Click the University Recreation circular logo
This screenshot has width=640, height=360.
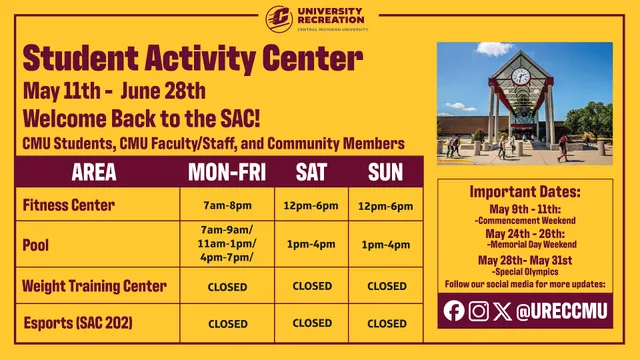pyautogui.click(x=279, y=18)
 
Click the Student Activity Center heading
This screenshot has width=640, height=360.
pyautogui.click(x=193, y=57)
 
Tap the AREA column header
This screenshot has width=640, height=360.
pyautogui.click(x=94, y=173)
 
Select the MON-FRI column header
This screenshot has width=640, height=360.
pyautogui.click(x=227, y=173)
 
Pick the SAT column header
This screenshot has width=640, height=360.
pyautogui.click(x=311, y=173)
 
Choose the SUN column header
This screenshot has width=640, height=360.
pyautogui.click(x=386, y=173)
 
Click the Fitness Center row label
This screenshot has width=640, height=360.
pyautogui.click(x=69, y=206)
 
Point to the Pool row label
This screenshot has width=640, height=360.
pyautogui.click(x=36, y=244)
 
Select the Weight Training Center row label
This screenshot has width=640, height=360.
pyautogui.click(x=94, y=286)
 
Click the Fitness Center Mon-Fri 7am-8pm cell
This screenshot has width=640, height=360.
pyautogui.click(x=227, y=207)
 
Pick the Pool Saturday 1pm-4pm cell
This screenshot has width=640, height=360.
pyautogui.click(x=311, y=244)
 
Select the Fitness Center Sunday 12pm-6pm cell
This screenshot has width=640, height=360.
pyautogui.click(x=386, y=207)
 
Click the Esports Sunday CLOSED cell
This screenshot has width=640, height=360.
pyautogui.click(x=386, y=323)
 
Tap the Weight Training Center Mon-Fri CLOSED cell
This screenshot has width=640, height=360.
pyautogui.click(x=227, y=287)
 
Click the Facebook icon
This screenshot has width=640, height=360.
pyautogui.click(x=453, y=311)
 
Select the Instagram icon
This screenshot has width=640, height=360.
pyautogui.click(x=479, y=311)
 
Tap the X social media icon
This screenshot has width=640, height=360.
pyautogui.click(x=503, y=311)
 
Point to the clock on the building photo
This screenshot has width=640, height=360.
pyautogui.click(x=520, y=76)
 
